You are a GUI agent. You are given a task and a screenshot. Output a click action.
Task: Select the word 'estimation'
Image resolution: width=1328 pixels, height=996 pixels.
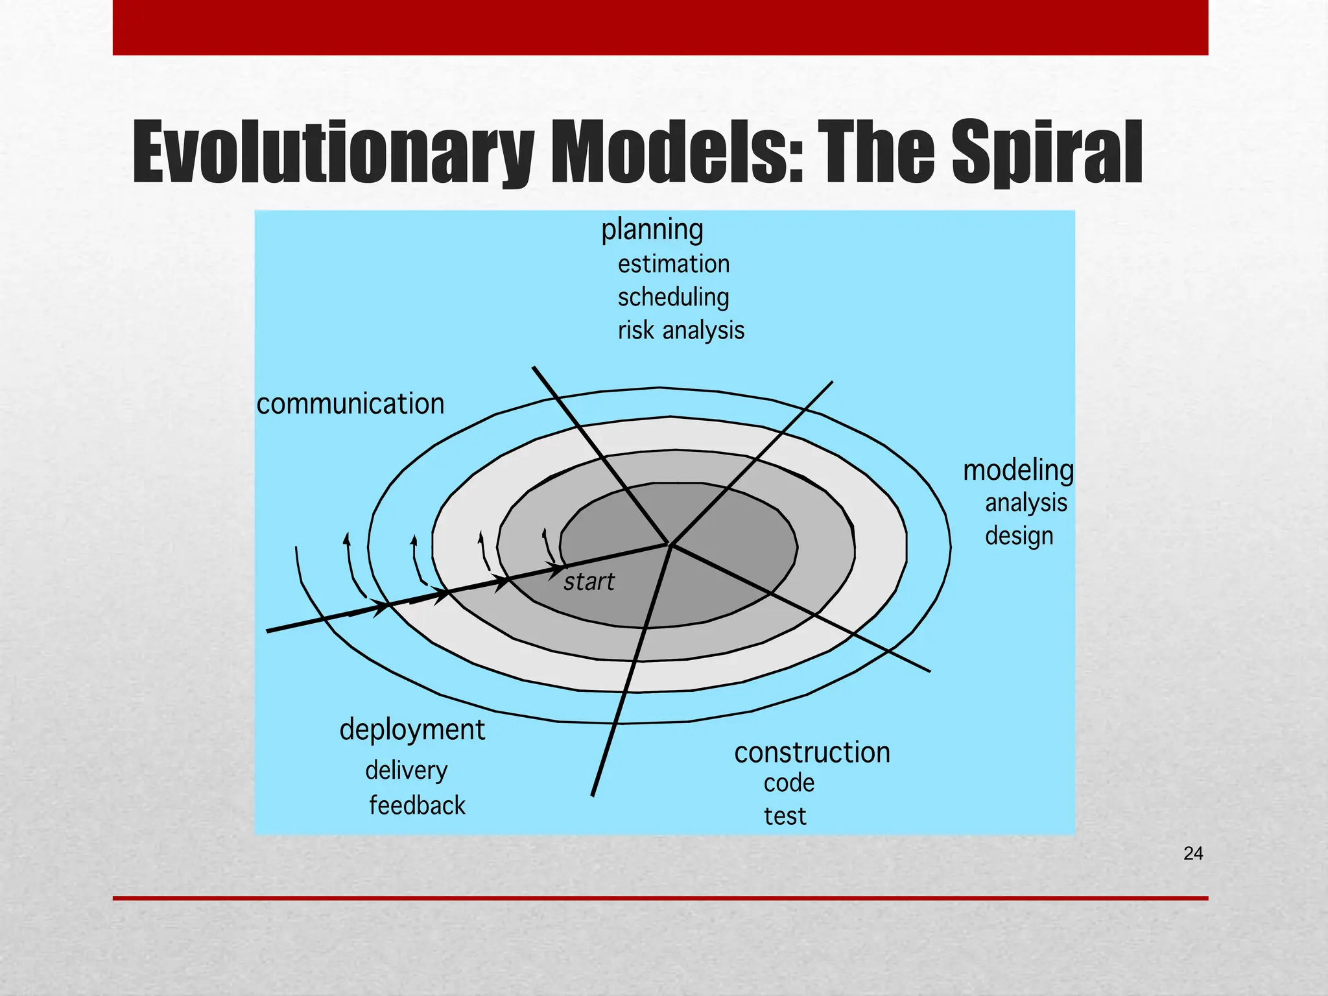[x=673, y=265]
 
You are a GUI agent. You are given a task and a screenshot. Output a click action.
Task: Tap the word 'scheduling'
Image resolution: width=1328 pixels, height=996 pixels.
[x=673, y=298]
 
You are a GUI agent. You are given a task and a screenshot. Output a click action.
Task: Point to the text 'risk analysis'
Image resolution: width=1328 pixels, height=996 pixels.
[x=680, y=331]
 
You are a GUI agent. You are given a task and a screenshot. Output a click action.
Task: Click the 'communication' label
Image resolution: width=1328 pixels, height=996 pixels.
[x=350, y=404]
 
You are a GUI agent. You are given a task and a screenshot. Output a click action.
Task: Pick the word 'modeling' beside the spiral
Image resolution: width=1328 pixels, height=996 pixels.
[x=1017, y=470]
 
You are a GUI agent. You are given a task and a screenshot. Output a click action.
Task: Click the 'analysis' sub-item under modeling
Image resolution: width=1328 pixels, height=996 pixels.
[x=1025, y=503]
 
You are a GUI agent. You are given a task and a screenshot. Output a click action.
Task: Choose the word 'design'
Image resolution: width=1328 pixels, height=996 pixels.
[x=1019, y=536]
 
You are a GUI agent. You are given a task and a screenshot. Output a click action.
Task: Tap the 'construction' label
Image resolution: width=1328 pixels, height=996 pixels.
[x=812, y=753]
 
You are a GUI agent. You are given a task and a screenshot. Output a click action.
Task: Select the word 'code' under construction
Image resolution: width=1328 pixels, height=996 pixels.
[x=788, y=783]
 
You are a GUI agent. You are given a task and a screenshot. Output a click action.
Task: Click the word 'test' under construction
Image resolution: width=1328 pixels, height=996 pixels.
[x=785, y=816]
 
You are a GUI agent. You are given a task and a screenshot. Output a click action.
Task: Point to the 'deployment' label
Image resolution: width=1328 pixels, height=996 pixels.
[x=412, y=730]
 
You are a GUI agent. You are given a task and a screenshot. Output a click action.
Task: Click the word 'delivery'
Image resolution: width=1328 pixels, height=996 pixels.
[x=406, y=771]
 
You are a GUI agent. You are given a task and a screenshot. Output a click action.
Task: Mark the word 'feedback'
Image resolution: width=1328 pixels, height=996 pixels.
[x=417, y=806]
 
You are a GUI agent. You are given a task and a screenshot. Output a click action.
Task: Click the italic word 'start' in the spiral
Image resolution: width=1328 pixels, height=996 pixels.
[x=588, y=582]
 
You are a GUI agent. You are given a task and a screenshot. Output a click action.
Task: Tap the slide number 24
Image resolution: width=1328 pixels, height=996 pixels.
[x=1193, y=854]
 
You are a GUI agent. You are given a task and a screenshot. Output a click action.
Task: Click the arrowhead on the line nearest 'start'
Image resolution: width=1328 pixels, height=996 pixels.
[x=558, y=570]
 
